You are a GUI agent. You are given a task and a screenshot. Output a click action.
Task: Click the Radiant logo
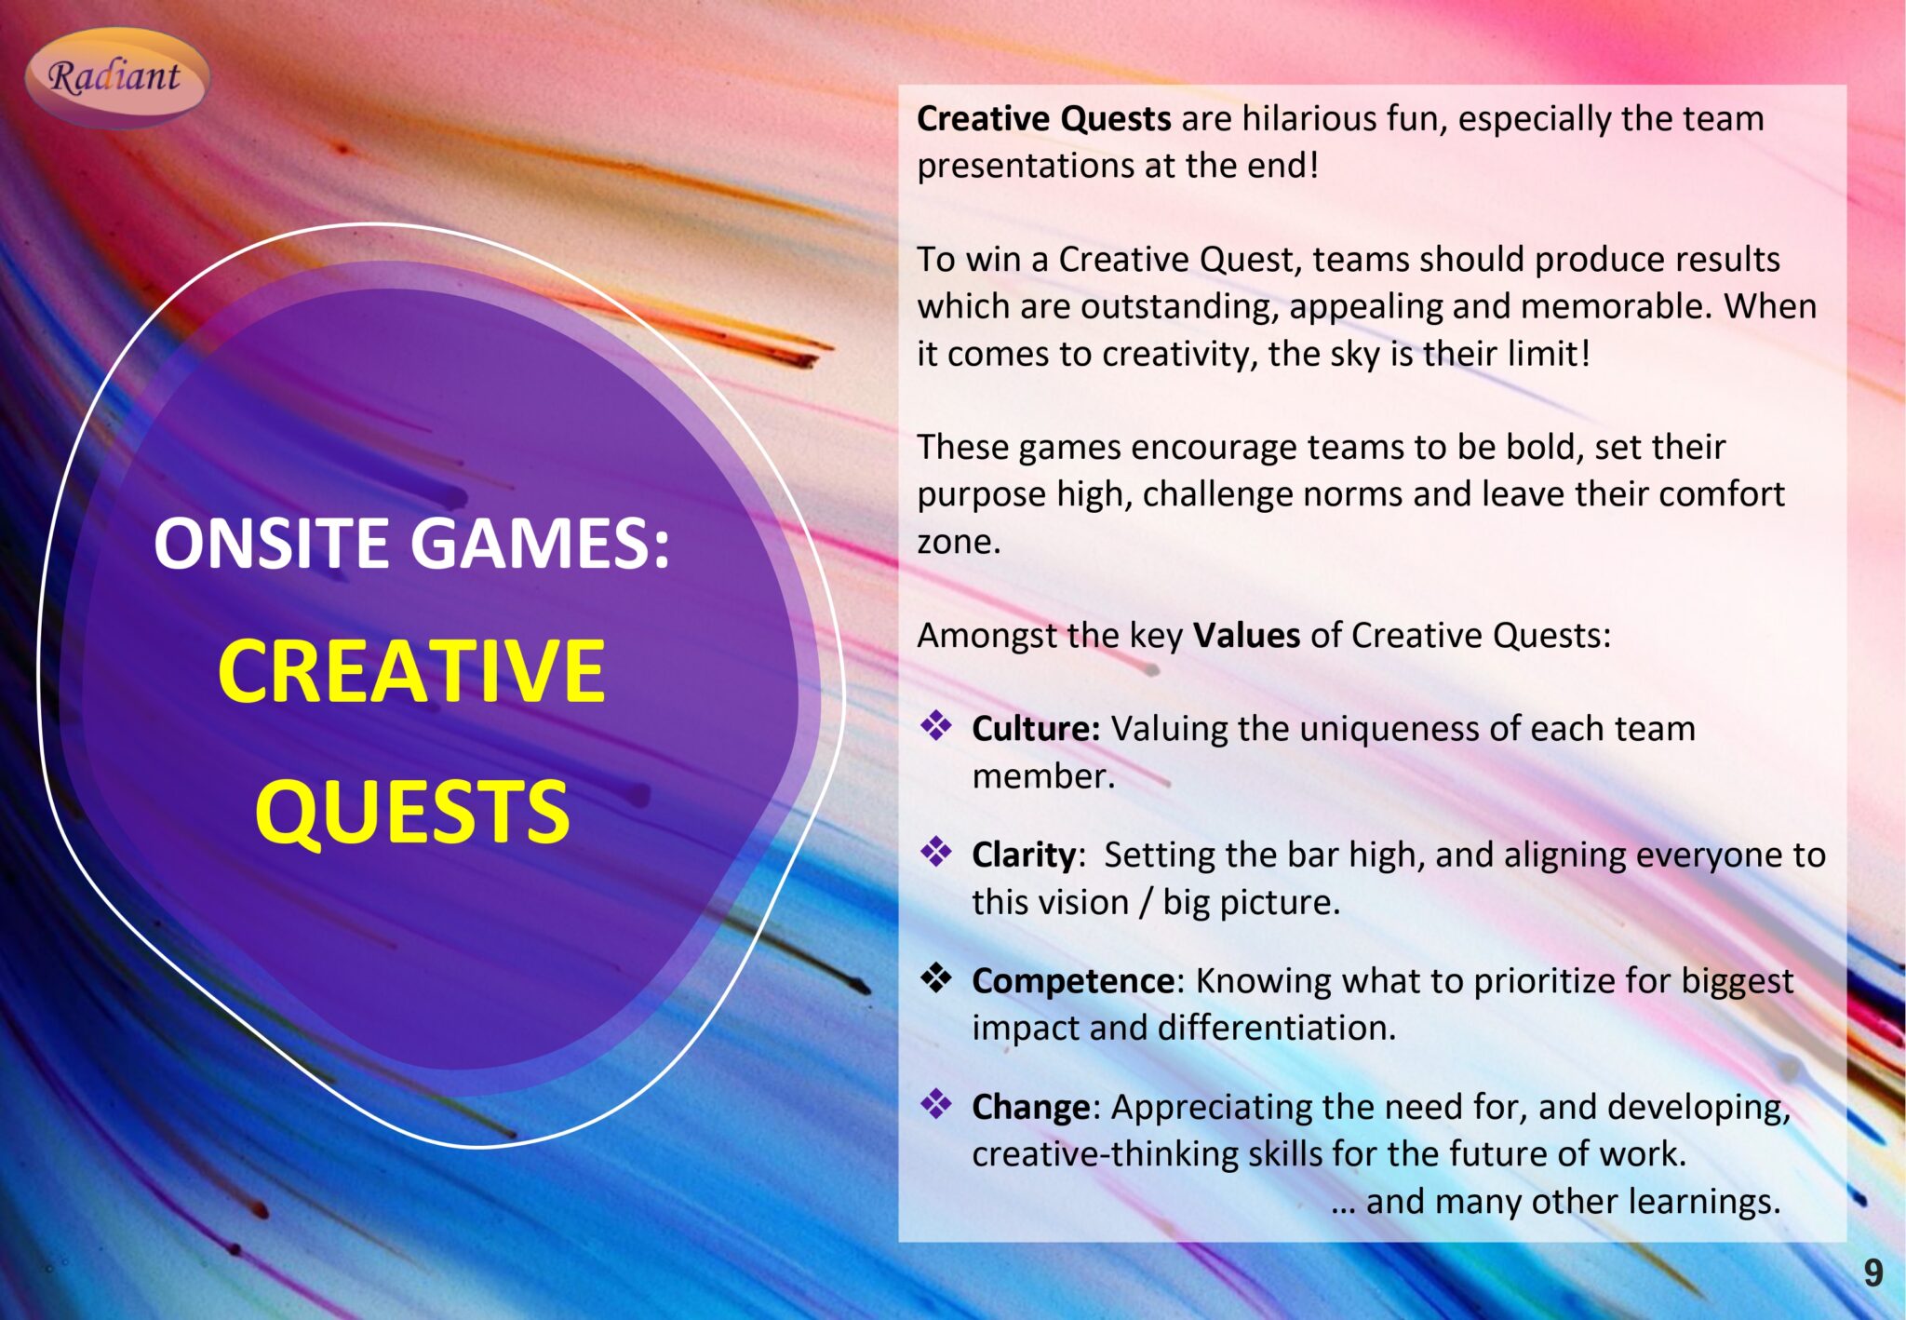[115, 76]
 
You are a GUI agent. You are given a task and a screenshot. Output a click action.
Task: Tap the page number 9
[1872, 1273]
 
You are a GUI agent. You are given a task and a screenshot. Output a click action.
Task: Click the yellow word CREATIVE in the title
[411, 670]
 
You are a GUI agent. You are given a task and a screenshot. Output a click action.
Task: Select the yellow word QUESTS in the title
[411, 812]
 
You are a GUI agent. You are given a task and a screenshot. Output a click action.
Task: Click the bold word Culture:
[1036, 729]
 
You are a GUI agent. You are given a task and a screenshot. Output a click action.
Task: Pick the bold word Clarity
[1024, 855]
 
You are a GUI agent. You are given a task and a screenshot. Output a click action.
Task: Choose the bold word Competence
[1073, 980]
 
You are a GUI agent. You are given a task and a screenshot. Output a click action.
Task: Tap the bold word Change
[1030, 1107]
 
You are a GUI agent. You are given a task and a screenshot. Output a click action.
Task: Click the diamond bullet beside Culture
[936, 726]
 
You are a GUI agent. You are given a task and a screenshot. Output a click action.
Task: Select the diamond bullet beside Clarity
[936, 852]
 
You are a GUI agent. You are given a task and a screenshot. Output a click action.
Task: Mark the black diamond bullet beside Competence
[936, 977]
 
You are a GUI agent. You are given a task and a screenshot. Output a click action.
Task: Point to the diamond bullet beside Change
[936, 1104]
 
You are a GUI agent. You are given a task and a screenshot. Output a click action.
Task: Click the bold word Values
[1246, 635]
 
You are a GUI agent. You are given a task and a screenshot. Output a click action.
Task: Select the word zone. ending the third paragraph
[959, 542]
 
